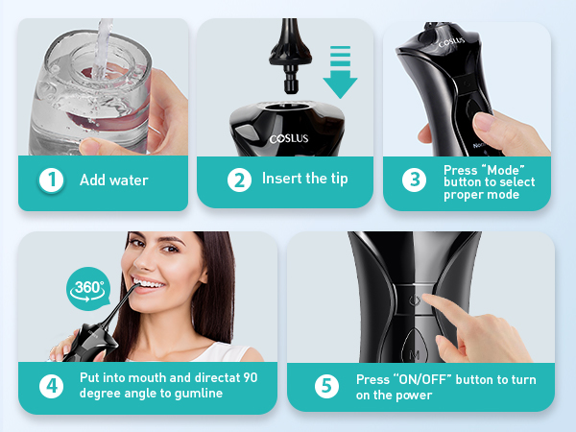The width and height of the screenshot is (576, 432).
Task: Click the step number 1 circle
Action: pos(50,180)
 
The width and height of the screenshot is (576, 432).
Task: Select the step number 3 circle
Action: pos(414,180)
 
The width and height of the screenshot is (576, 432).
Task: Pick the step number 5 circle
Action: pos(327,386)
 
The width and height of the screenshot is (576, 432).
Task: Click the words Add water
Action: pos(114,180)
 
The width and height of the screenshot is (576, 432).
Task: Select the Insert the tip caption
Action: pos(304,180)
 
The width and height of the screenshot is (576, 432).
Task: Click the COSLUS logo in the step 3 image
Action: pos(451,43)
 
